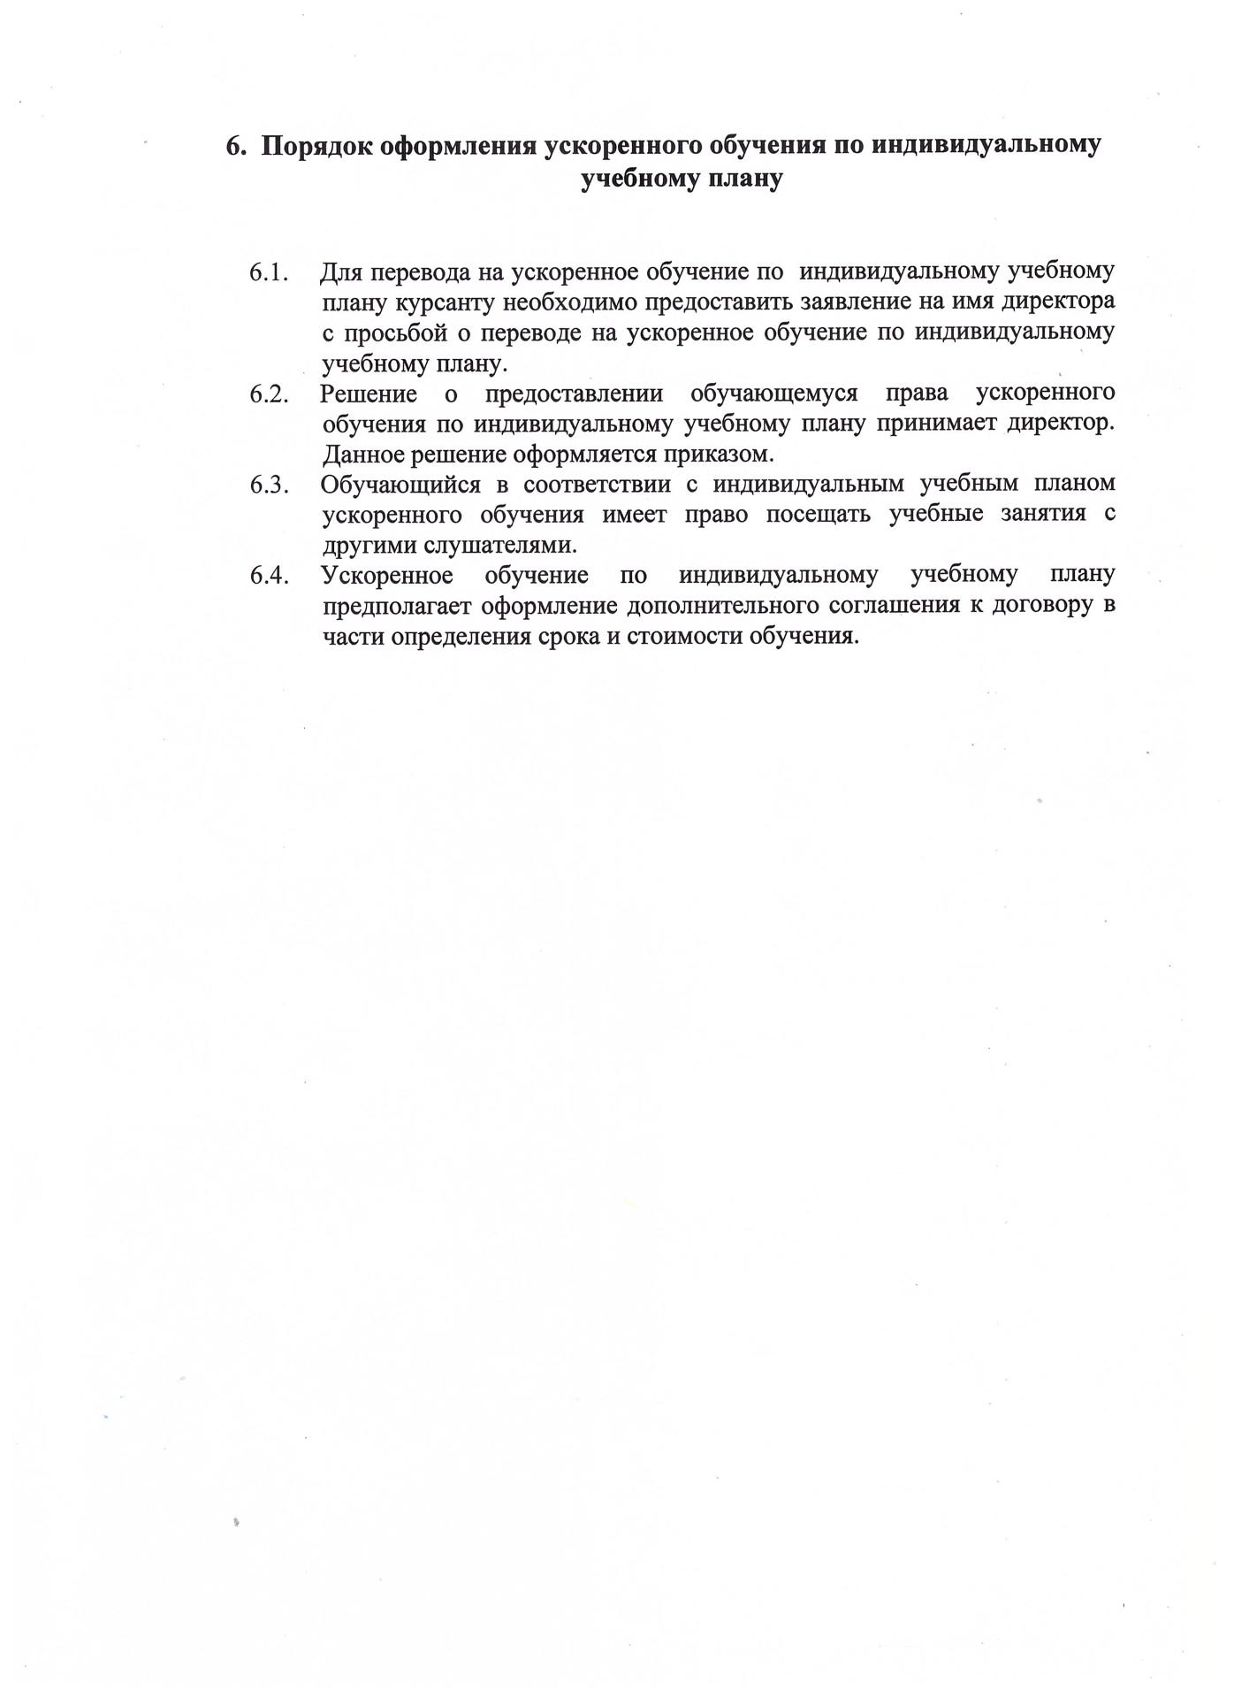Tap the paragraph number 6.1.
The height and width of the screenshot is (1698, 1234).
pyautogui.click(x=270, y=272)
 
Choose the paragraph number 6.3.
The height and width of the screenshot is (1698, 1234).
pyautogui.click(x=270, y=485)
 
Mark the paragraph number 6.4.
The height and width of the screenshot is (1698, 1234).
pyautogui.click(x=270, y=576)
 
